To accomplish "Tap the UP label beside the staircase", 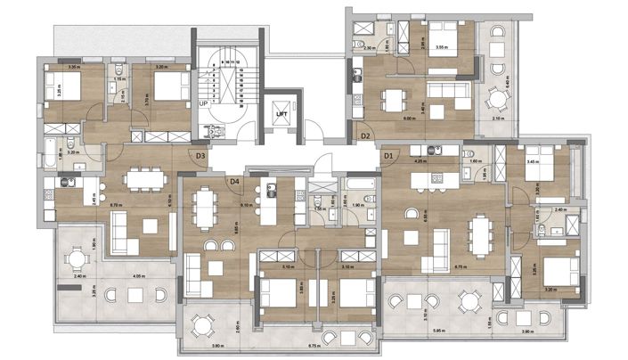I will point(203,104).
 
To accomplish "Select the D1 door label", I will point(388,157).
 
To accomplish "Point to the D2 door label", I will point(365,135).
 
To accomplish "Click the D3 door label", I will point(201,156).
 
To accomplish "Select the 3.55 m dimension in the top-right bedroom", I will point(440,47).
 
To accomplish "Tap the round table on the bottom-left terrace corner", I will point(78,260).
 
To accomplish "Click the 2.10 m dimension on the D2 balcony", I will point(497,119).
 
